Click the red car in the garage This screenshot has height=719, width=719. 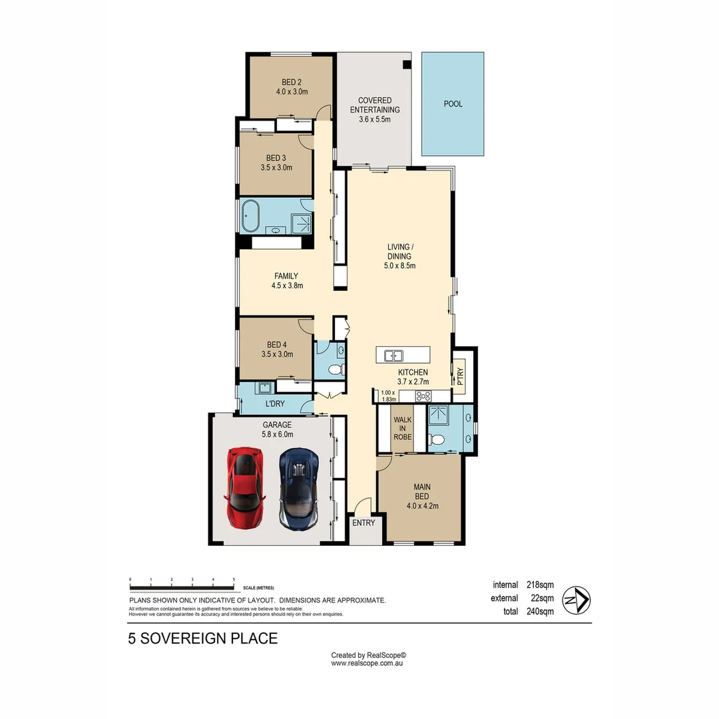(x=245, y=487)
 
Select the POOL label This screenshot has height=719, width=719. (x=453, y=104)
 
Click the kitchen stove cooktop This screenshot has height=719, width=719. (x=424, y=396)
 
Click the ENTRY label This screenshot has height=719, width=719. (x=363, y=523)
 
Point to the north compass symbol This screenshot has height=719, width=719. (x=577, y=600)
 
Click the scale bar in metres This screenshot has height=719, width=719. (x=182, y=587)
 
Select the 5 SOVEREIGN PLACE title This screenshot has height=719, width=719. (x=202, y=639)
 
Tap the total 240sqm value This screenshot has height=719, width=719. (x=540, y=612)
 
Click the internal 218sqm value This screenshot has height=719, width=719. (x=540, y=585)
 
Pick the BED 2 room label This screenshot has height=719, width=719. (x=291, y=87)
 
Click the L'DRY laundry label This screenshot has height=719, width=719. (x=275, y=405)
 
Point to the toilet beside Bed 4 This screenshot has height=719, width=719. (x=336, y=369)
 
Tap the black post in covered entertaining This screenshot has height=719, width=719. (x=407, y=65)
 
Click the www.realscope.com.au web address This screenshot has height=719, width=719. (x=368, y=663)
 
